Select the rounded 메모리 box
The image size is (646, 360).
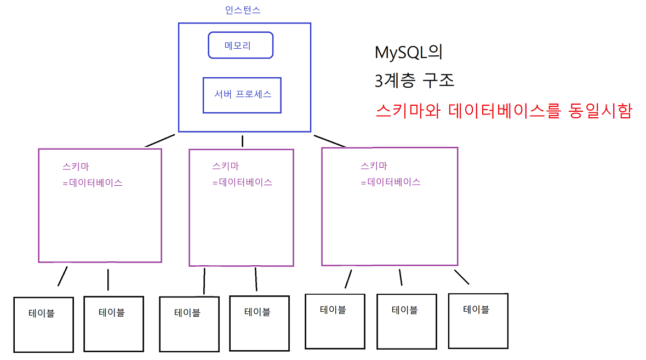pyautogui.click(x=241, y=45)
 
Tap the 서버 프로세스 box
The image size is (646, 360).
pyautogui.click(x=242, y=94)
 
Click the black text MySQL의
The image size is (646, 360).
pyautogui.click(x=408, y=53)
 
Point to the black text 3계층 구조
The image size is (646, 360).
pyautogui.click(x=415, y=81)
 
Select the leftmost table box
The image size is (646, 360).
pyautogui.click(x=43, y=324)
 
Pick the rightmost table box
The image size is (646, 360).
pyautogui.click(x=478, y=321)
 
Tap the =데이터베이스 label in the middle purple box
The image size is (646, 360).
pyautogui.click(x=242, y=182)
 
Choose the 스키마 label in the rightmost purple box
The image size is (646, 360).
pyautogui.click(x=374, y=165)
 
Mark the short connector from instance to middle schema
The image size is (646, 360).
pyautogui.click(x=242, y=141)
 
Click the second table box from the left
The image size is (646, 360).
pyautogui.click(x=113, y=323)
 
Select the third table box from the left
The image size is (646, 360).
pyautogui.click(x=188, y=324)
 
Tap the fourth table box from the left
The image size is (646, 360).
pyautogui.click(x=258, y=323)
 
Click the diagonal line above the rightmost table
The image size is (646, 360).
pyautogui.click(x=461, y=277)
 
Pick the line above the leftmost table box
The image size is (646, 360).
pyautogui.click(x=62, y=276)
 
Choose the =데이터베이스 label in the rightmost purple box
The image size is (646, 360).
pyautogui.click(x=391, y=182)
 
